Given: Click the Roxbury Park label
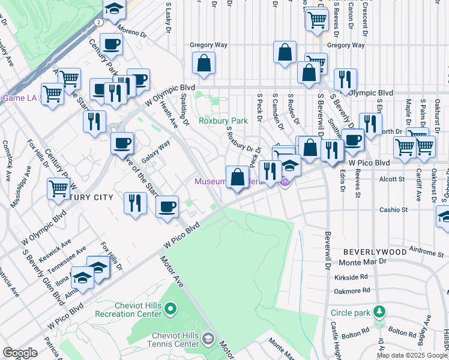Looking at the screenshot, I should (x=223, y=121).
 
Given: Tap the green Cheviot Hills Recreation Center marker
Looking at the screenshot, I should (x=170, y=310).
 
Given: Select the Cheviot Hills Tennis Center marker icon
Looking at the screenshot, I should (x=208, y=340).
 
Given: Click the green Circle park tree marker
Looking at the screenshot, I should (x=378, y=312).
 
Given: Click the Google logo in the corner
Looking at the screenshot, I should (x=20, y=352).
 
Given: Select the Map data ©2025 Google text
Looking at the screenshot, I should (x=412, y=355).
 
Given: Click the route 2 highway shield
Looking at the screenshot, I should (x=97, y=22).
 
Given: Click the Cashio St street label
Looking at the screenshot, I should (x=394, y=210).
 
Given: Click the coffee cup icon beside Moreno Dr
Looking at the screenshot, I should (x=111, y=44).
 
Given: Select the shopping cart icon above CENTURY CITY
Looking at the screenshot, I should (x=59, y=188).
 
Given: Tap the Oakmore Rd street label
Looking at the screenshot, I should (x=352, y=291).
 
